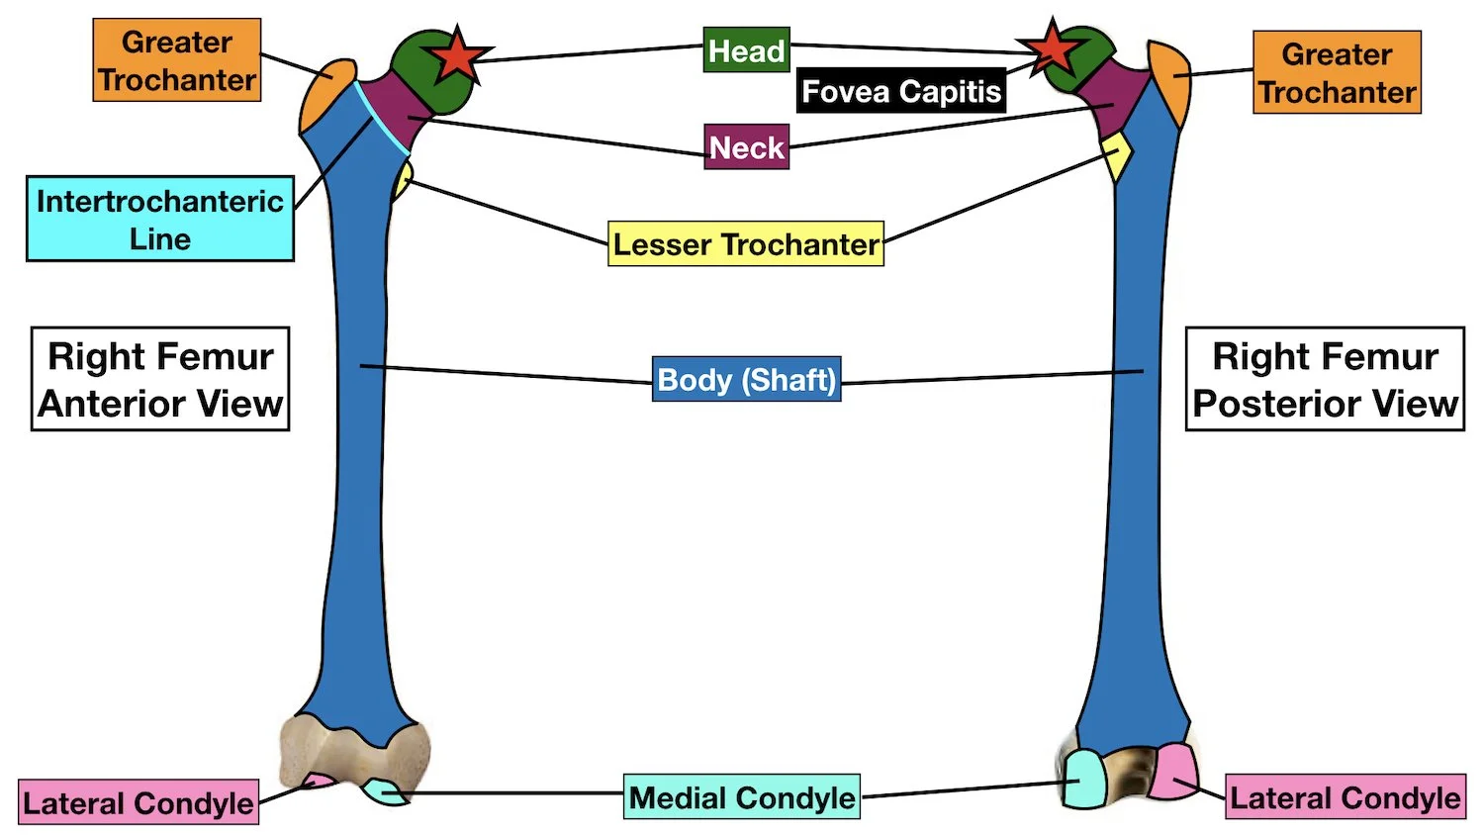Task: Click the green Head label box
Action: pos(746,49)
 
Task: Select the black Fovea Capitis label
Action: pos(900,91)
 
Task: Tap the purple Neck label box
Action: pos(746,147)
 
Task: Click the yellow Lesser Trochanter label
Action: pos(745,243)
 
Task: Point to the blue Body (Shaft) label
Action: pos(746,379)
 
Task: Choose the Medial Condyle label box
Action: pos(741,796)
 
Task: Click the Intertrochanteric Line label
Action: pos(159,219)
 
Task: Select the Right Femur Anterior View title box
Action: pos(160,379)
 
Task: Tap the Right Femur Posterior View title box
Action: pos(1325,379)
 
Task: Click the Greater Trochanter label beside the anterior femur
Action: pos(177,60)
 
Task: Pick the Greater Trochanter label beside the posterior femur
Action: pos(1337,72)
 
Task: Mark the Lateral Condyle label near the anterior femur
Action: pos(139,802)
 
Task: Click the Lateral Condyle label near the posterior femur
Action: pos(1345,797)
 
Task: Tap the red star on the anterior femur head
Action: pos(457,55)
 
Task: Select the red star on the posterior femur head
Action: pos(1052,49)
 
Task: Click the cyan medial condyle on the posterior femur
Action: pos(1084,779)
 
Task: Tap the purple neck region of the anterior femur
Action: pos(396,111)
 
